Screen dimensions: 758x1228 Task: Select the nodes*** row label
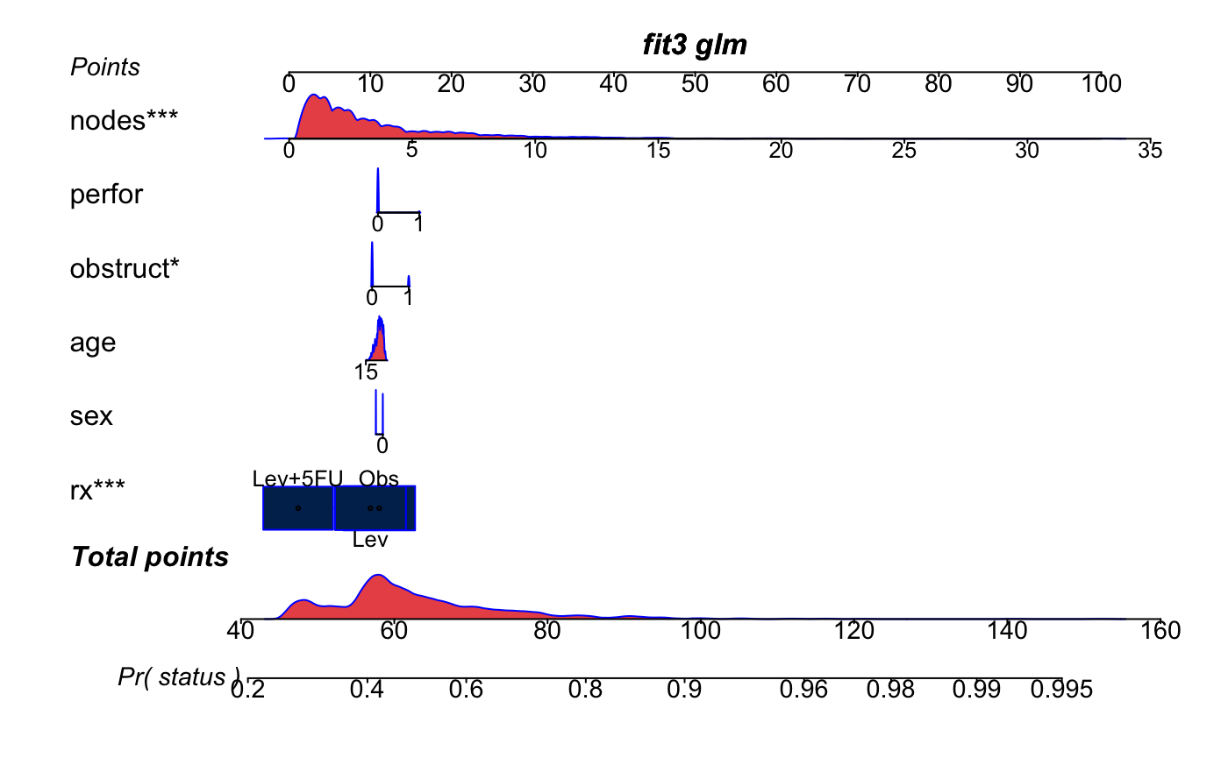[x=124, y=121]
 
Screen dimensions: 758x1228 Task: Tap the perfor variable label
[x=106, y=195]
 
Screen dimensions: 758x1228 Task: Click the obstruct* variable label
[x=124, y=268]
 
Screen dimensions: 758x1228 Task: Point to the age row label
[x=93, y=342]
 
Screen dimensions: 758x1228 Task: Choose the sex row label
[x=91, y=415]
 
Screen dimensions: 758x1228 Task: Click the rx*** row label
[x=97, y=489]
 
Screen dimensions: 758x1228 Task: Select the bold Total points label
[x=150, y=557]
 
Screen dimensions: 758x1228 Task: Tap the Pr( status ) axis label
[x=179, y=677]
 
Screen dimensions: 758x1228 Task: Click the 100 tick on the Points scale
[x=1101, y=84]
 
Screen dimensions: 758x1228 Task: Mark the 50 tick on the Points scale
[x=695, y=84]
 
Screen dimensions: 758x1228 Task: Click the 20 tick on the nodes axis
[x=781, y=151]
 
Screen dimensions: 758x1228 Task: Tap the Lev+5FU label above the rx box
[x=297, y=478]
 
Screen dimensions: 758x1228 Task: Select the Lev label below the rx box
[x=370, y=540]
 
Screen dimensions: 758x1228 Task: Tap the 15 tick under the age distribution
[x=367, y=372]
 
